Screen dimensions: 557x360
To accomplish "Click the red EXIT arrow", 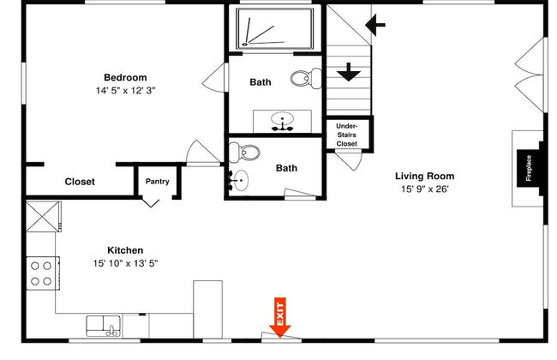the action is [280, 317].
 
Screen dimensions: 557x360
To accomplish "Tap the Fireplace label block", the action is [529, 168].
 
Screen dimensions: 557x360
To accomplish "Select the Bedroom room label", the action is [125, 77].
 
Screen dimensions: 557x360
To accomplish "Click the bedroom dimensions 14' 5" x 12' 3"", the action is [125, 90].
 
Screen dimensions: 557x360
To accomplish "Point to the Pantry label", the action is [158, 181].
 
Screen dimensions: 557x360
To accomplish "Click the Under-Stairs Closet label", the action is [347, 135].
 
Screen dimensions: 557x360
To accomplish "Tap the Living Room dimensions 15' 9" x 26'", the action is [425, 189].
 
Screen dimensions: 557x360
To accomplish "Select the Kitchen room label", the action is [125, 250].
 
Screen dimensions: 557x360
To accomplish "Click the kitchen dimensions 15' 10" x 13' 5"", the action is [125, 263].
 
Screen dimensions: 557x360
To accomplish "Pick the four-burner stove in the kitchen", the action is [43, 273].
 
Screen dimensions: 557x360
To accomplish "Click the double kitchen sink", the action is [104, 326].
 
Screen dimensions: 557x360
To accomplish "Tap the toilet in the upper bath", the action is [306, 78].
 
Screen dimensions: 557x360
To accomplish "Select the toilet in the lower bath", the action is [244, 153].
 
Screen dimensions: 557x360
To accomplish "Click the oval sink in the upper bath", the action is [283, 121].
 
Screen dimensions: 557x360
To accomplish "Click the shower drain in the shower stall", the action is [245, 45].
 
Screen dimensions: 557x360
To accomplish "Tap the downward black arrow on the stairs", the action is [349, 72].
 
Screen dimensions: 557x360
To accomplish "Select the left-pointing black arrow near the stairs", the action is [375, 25].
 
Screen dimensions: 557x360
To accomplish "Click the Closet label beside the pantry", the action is [80, 182].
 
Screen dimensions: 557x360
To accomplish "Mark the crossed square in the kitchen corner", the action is [42, 216].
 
